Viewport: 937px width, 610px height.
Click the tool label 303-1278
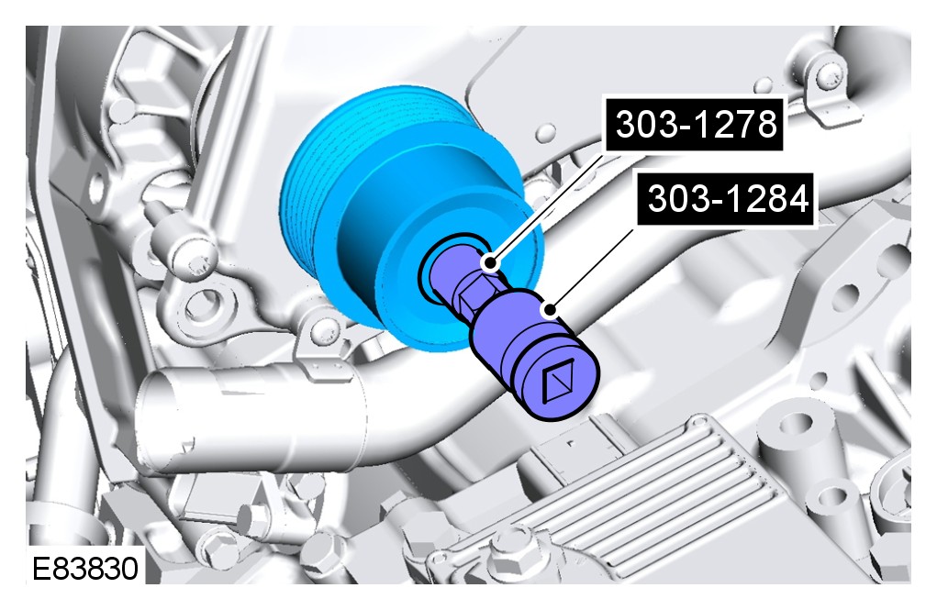(x=696, y=124)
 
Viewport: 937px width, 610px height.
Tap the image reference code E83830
(x=84, y=568)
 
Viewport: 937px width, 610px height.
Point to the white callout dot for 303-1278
(x=490, y=262)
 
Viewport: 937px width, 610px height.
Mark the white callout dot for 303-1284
(x=550, y=310)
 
